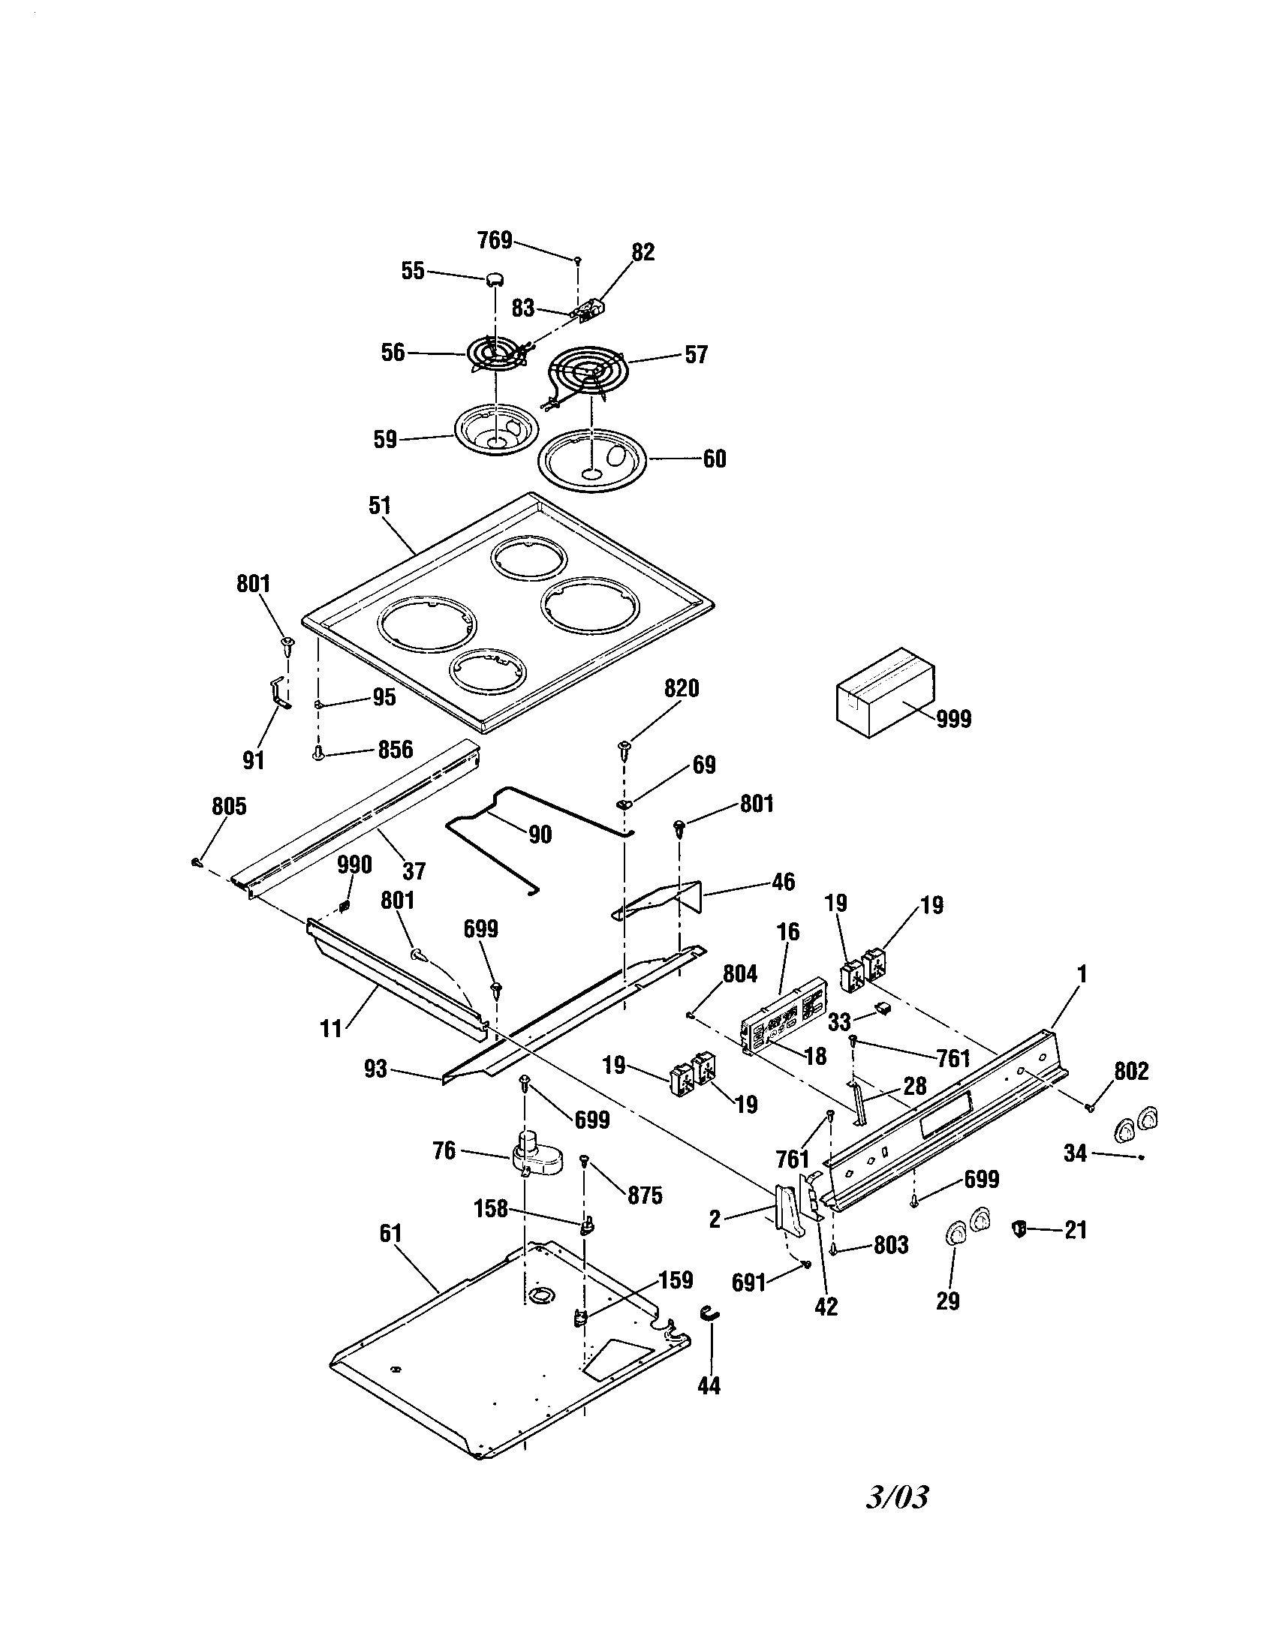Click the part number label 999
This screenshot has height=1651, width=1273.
954,719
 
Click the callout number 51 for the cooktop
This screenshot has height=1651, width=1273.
380,506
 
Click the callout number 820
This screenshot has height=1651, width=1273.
681,689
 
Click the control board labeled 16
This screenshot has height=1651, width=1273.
783,1005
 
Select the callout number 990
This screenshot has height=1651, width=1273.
354,865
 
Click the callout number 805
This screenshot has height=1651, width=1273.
228,807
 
